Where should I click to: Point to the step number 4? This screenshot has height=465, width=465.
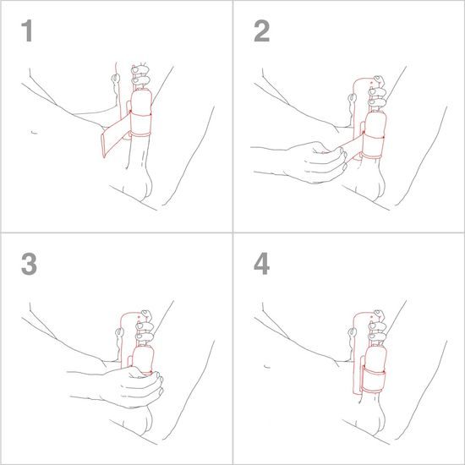coord(262,264)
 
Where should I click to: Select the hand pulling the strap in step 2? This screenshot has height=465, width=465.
coord(313,161)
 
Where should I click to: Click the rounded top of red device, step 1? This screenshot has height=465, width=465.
coord(118,68)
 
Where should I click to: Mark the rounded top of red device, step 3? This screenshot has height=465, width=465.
coord(127,317)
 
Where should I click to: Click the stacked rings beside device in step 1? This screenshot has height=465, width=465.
coord(140,76)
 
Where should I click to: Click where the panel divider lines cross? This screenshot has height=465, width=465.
coord(232,232)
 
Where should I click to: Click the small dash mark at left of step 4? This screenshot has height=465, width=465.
coord(267,365)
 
